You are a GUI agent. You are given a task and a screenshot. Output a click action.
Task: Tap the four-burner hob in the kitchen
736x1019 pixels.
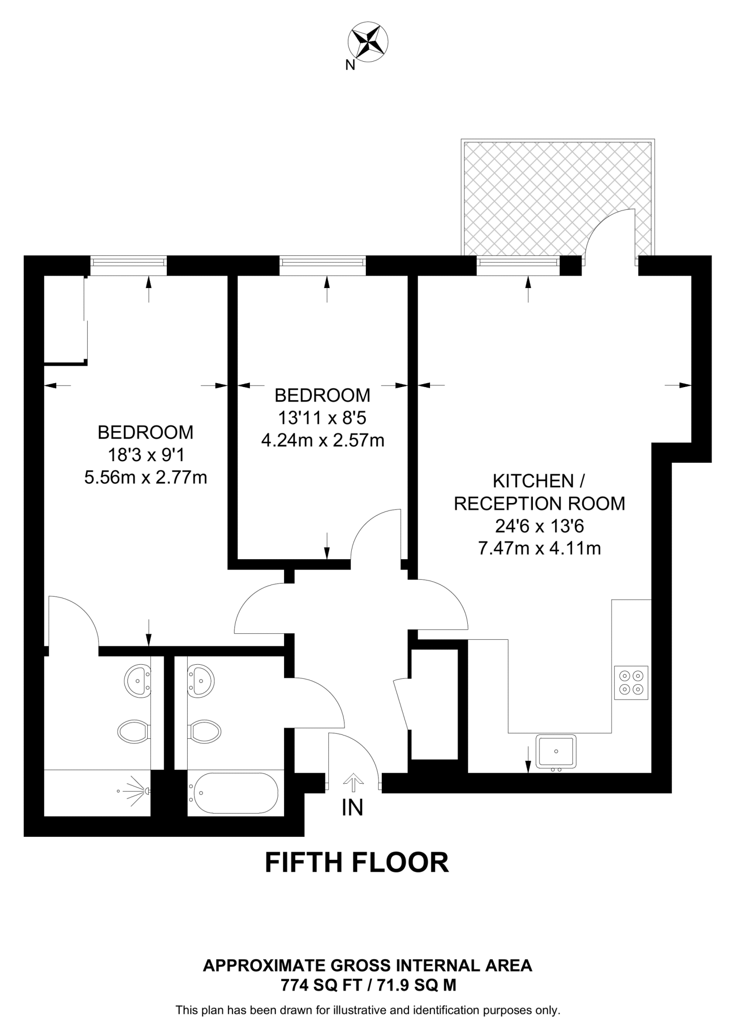[x=631, y=683]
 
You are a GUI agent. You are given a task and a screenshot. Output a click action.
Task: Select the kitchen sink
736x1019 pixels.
[x=556, y=751]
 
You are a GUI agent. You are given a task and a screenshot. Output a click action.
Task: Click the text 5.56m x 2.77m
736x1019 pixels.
[x=145, y=478]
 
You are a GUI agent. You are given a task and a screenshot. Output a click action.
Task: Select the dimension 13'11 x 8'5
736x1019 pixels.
[x=322, y=418]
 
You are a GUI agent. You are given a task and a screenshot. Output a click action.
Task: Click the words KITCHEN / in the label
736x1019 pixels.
[x=538, y=481]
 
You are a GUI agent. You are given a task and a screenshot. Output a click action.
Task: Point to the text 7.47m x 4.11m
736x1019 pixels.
[x=539, y=548]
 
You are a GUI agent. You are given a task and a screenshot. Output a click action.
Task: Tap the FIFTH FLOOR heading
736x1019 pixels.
[x=356, y=862]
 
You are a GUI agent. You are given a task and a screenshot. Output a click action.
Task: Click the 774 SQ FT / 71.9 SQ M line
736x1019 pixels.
[x=368, y=985]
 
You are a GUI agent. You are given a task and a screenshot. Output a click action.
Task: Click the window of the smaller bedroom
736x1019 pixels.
[x=322, y=265]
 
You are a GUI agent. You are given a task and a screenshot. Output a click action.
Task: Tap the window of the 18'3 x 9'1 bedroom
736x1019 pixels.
[x=128, y=265]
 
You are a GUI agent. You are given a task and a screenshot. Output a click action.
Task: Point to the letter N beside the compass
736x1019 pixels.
[x=350, y=65]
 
